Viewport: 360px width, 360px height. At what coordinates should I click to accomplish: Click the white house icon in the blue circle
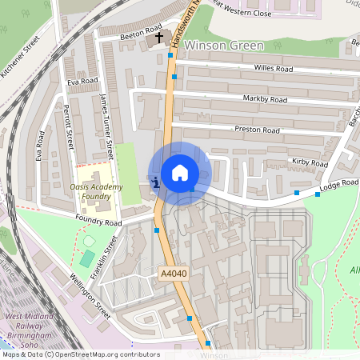180,173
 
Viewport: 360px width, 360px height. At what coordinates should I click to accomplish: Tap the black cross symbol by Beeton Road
158,38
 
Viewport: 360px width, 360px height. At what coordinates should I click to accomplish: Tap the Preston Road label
257,130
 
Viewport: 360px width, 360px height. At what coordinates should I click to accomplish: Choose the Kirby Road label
310,163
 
